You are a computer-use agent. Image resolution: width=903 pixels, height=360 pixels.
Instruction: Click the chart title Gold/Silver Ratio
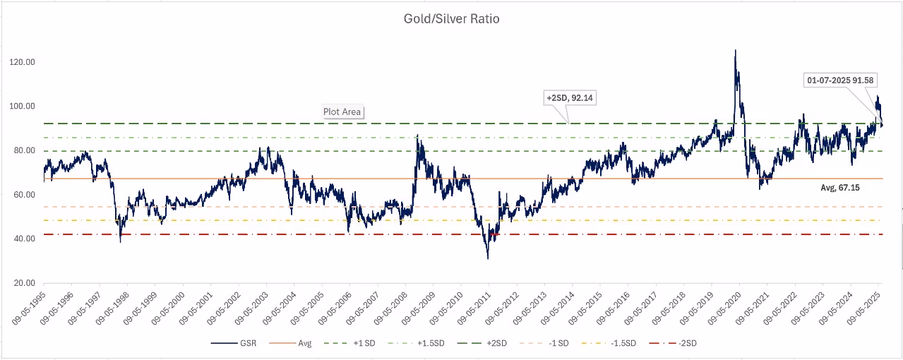450,19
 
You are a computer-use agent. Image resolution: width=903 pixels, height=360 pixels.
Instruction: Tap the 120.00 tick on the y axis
23,62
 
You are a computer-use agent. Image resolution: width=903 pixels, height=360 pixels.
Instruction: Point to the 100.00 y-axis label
23,107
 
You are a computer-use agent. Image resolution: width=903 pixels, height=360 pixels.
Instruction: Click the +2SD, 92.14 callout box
570,97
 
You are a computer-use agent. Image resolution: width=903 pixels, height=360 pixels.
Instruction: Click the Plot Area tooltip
342,112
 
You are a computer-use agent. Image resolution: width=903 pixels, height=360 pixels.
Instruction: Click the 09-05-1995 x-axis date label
30,308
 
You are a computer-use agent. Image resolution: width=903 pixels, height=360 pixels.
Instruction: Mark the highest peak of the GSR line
735,50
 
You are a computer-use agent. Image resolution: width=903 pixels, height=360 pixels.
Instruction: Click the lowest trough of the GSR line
487,258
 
